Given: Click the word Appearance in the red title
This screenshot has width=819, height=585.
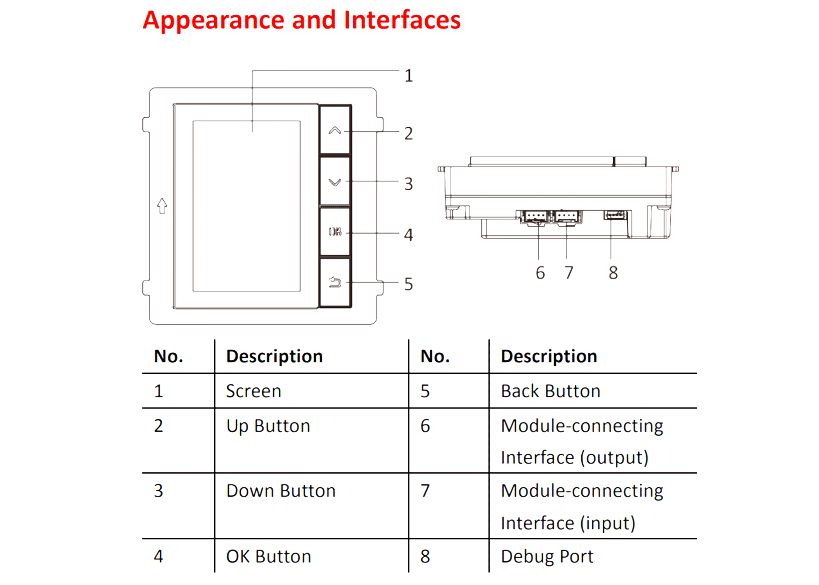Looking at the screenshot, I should [x=214, y=20].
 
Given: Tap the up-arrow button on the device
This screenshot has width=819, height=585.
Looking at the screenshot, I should [x=335, y=131].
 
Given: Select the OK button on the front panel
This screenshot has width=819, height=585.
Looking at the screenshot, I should [x=335, y=232].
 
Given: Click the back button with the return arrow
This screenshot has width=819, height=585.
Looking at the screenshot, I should [x=335, y=283].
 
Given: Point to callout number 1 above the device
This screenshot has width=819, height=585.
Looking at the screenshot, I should [x=408, y=76].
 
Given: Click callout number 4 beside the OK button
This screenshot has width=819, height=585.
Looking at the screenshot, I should [x=408, y=235].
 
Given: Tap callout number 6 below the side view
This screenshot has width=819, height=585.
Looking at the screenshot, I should [x=540, y=273].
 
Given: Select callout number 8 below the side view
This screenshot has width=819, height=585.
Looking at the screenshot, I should [x=613, y=273].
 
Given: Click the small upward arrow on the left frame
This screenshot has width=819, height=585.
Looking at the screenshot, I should [x=162, y=206].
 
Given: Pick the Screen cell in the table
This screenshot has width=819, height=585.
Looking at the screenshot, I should [x=253, y=391].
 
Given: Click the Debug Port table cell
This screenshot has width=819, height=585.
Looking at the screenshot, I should [x=547, y=557].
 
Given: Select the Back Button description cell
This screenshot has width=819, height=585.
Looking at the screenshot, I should [x=550, y=391].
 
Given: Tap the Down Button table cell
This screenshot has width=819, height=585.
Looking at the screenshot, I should [x=280, y=491].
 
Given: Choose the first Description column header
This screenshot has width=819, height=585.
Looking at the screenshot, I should [x=274, y=356].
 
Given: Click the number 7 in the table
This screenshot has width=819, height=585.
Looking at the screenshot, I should [x=425, y=491].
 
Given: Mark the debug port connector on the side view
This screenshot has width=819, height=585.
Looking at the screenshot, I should [x=615, y=215].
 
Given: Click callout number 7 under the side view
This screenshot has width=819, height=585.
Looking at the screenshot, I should [x=569, y=273].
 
